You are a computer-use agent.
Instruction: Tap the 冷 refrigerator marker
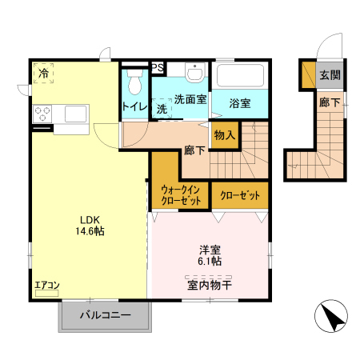tap(44, 73)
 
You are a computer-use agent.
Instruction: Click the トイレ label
tap(133, 106)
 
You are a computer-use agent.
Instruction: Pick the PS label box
tap(158, 68)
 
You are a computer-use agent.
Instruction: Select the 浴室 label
tap(240, 102)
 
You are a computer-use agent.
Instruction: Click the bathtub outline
tap(241, 78)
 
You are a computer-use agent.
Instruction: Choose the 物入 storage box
tap(225, 135)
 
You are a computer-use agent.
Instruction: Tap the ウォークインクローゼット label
tap(180, 195)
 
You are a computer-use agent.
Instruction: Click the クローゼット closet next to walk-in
tap(240, 194)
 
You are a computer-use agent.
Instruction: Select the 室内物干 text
tap(210, 284)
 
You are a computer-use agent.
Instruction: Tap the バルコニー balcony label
tap(104, 316)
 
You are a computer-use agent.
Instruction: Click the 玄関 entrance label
tap(329, 75)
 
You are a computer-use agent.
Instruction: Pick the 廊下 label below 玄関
tap(328, 102)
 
